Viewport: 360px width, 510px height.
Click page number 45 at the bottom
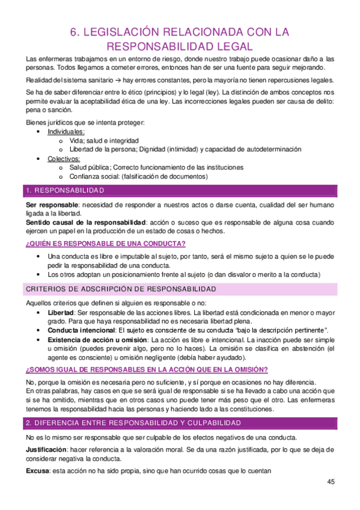point(331,482)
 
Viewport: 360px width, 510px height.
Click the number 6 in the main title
point(76,31)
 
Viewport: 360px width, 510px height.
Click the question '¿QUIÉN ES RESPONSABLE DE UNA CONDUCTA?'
point(105,243)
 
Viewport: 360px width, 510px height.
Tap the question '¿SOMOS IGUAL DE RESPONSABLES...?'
point(147,369)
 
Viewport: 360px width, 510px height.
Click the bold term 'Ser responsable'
point(51,206)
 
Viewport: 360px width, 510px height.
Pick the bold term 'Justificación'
point(49,449)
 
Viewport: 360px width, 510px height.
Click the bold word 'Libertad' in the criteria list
point(61,313)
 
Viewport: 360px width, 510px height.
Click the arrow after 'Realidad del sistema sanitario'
point(118,81)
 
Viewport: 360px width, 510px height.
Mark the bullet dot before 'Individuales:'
point(39,131)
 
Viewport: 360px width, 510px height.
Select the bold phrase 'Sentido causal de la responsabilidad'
point(86,223)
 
